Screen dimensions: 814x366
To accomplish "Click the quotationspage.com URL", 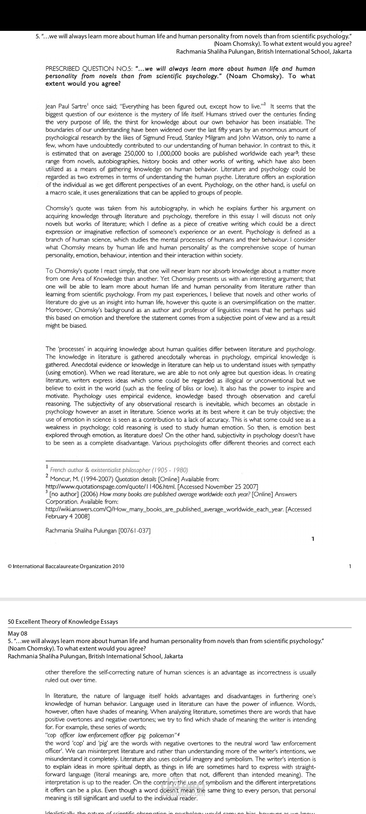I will (111, 487).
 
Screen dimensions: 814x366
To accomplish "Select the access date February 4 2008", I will (67, 517).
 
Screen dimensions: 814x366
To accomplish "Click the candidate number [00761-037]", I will (134, 530).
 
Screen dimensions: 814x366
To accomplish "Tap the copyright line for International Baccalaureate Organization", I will (66, 566).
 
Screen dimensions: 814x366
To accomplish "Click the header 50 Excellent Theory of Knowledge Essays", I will (63, 622).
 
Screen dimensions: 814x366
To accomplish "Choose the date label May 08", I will (18, 634).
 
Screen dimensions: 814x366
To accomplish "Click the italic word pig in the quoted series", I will (141, 735).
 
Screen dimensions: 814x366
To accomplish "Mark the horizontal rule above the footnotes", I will (92, 461).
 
